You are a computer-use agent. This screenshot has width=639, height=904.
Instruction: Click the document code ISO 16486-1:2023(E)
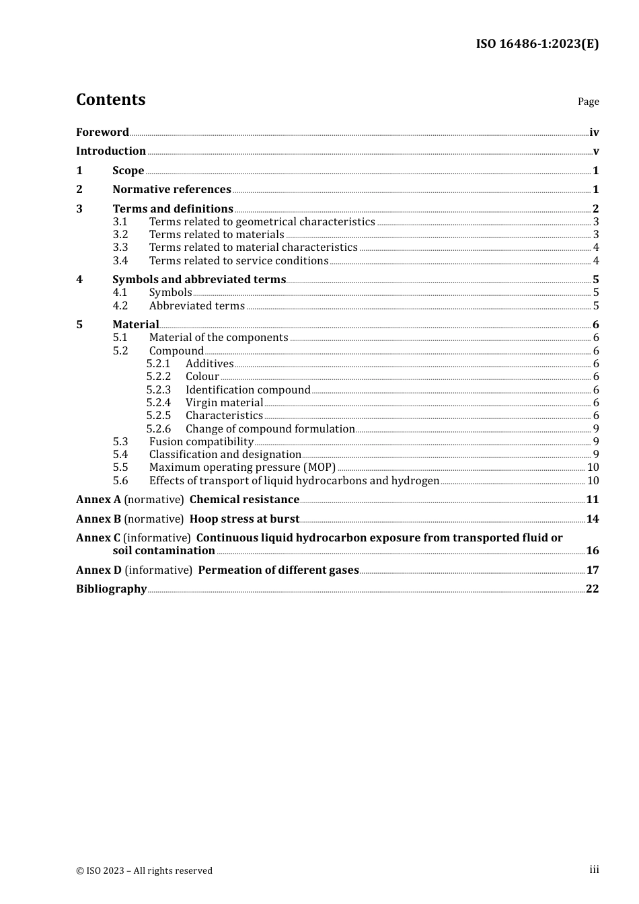[x=537, y=44]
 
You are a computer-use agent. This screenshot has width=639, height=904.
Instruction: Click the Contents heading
[x=110, y=100]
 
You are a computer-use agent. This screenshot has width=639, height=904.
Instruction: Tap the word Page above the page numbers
[x=588, y=102]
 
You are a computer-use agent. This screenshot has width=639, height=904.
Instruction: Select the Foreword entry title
[x=102, y=132]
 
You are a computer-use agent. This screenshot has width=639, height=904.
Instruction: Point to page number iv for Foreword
[x=594, y=133]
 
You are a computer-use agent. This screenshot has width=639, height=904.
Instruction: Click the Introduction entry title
[x=111, y=151]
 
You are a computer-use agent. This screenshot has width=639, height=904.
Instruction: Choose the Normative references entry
[x=172, y=190]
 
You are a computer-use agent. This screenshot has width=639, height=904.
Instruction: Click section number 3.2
[x=120, y=235]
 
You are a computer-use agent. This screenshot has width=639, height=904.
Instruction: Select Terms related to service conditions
[x=239, y=261]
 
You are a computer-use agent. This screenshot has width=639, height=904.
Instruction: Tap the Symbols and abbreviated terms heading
[x=199, y=279]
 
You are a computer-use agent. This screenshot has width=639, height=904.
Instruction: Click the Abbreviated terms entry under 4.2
[x=197, y=306]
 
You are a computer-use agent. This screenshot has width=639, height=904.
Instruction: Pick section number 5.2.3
[x=159, y=390]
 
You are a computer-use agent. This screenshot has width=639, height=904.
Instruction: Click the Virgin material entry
[x=224, y=403]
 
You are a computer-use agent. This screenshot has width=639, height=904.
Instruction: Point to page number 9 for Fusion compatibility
[x=596, y=442]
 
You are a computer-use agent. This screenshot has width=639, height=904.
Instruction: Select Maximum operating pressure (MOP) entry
[x=242, y=467]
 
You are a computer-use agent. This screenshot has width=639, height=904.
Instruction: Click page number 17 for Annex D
[x=593, y=570]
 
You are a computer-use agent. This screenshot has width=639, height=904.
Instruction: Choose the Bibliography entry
[x=111, y=589]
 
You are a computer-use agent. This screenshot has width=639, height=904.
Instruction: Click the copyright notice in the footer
[x=144, y=870]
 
